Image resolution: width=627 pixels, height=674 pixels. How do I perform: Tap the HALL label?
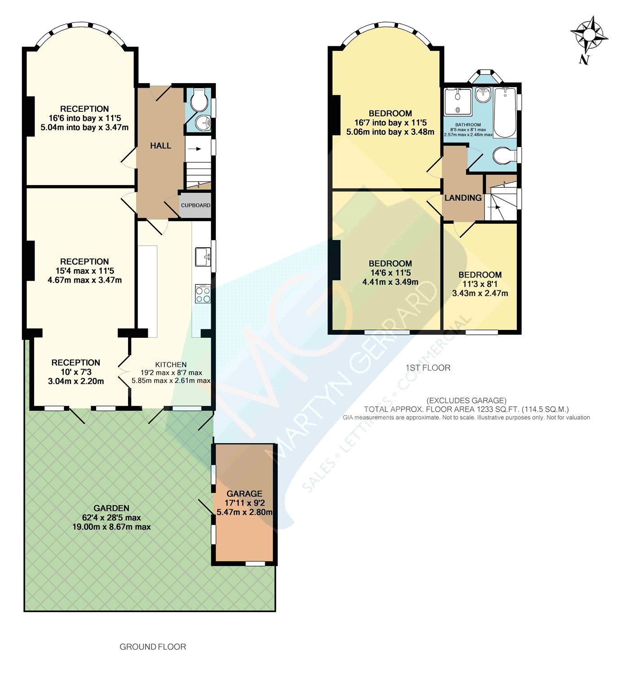click(160, 146)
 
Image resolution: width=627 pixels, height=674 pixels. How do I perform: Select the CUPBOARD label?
click(196, 205)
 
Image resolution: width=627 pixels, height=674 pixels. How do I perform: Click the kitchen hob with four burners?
click(203, 293)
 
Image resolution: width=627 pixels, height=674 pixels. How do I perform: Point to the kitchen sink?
click(203, 257)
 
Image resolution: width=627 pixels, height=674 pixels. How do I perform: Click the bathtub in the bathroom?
click(505, 112)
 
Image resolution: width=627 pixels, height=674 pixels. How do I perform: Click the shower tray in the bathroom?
click(458, 102)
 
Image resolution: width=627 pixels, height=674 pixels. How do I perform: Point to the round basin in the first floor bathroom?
click(482, 94)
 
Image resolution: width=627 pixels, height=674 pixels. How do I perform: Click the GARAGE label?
click(245, 493)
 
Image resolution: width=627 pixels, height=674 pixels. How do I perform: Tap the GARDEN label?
click(111, 508)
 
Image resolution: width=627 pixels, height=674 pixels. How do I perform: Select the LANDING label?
click(463, 198)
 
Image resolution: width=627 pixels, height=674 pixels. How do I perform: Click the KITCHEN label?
click(171, 364)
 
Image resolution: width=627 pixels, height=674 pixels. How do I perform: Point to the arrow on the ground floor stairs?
click(195, 149)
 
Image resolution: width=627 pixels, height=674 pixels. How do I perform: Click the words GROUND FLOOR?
click(153, 647)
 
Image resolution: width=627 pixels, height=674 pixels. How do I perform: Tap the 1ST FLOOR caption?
click(428, 368)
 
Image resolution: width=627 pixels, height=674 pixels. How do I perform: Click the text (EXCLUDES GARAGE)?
click(467, 400)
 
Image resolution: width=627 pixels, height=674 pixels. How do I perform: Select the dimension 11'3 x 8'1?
click(480, 284)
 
